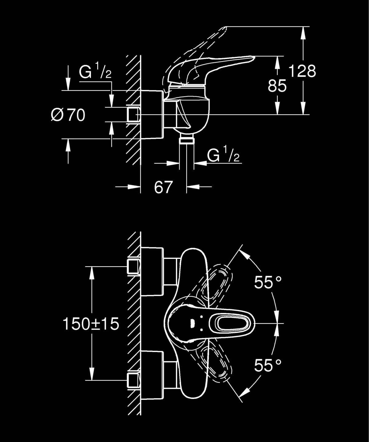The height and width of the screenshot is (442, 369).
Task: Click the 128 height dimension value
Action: click(302, 72)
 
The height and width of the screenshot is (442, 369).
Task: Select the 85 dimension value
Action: click(277, 86)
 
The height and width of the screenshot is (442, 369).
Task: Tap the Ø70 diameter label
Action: click(68, 115)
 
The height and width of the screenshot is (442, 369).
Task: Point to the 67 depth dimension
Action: click(163, 187)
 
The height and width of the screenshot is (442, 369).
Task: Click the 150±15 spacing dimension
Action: click(91, 324)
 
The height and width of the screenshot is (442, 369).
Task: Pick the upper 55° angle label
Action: click(268, 283)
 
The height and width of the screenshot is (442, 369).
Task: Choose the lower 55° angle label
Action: click(268, 366)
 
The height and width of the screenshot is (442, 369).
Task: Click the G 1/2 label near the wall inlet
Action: click(95, 73)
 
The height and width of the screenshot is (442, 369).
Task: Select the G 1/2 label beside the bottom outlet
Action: click(223, 156)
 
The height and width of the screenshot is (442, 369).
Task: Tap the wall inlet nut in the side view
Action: click(133, 115)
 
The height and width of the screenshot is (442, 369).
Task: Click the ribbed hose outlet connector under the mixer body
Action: click(186, 140)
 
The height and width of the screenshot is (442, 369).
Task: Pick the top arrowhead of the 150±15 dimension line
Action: click(91, 272)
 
